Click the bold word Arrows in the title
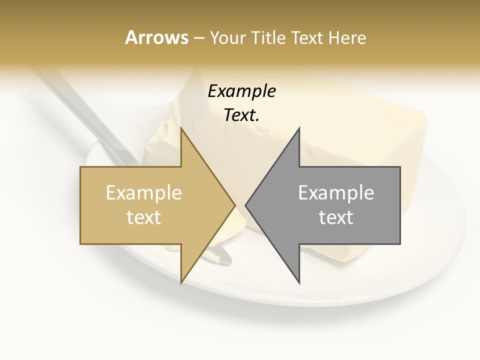[156, 37]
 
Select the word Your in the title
[228, 37]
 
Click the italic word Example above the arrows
[241, 91]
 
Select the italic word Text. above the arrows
[241, 115]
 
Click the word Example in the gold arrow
[144, 192]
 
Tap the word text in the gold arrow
[144, 217]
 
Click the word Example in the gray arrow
[336, 192]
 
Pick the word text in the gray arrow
[336, 217]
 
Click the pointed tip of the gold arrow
[234, 205]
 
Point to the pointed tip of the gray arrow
[246, 205]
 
